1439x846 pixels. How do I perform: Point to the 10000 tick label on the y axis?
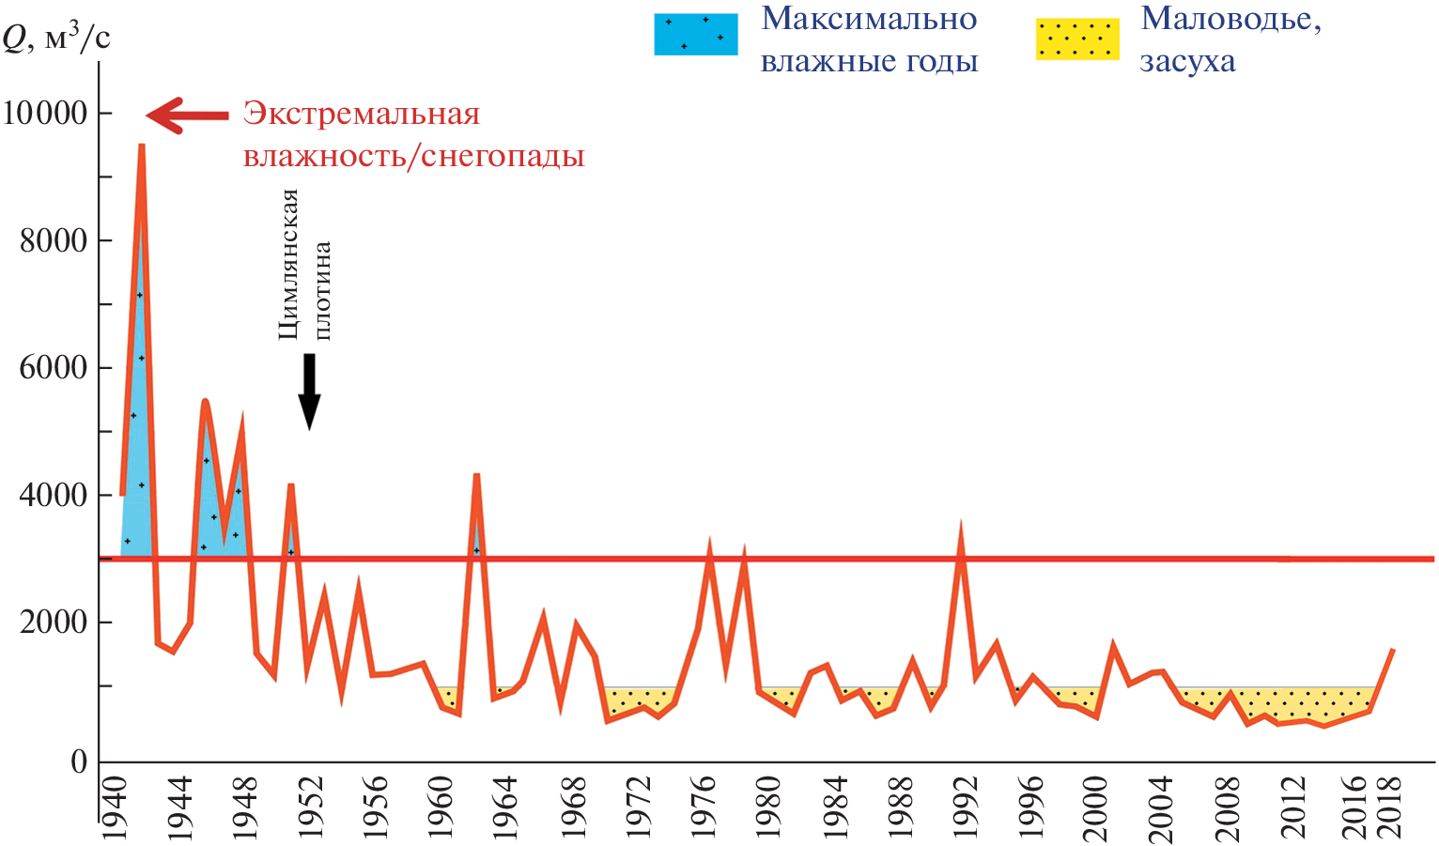click(x=45, y=114)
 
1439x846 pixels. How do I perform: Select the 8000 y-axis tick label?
click(x=54, y=240)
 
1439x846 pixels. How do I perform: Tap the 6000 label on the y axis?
click(x=54, y=368)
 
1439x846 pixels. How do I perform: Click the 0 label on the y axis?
click(x=79, y=761)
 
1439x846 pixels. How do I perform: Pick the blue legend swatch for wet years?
click(x=695, y=35)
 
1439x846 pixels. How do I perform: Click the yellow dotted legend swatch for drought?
click(x=1077, y=38)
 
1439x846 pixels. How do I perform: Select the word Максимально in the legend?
click(x=869, y=20)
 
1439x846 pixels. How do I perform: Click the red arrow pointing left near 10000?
click(x=187, y=115)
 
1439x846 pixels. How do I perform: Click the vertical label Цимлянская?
click(x=288, y=264)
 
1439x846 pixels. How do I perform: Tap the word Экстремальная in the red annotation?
click(x=362, y=115)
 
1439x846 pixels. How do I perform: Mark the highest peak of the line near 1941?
click(x=142, y=146)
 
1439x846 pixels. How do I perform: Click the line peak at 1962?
click(x=476, y=475)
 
